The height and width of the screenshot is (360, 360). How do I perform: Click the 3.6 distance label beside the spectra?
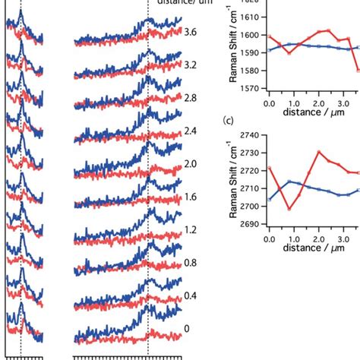[191, 33]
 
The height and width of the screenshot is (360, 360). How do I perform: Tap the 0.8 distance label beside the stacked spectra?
[191, 264]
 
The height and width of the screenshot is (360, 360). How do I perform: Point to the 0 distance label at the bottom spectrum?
[188, 330]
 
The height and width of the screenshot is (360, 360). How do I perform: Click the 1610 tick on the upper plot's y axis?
[253, 17]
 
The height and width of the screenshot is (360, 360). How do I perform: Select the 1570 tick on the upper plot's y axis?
[253, 88]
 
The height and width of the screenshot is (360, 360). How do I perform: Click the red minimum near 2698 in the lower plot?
[289, 209]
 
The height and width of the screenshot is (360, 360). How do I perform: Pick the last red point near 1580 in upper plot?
[357, 70]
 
